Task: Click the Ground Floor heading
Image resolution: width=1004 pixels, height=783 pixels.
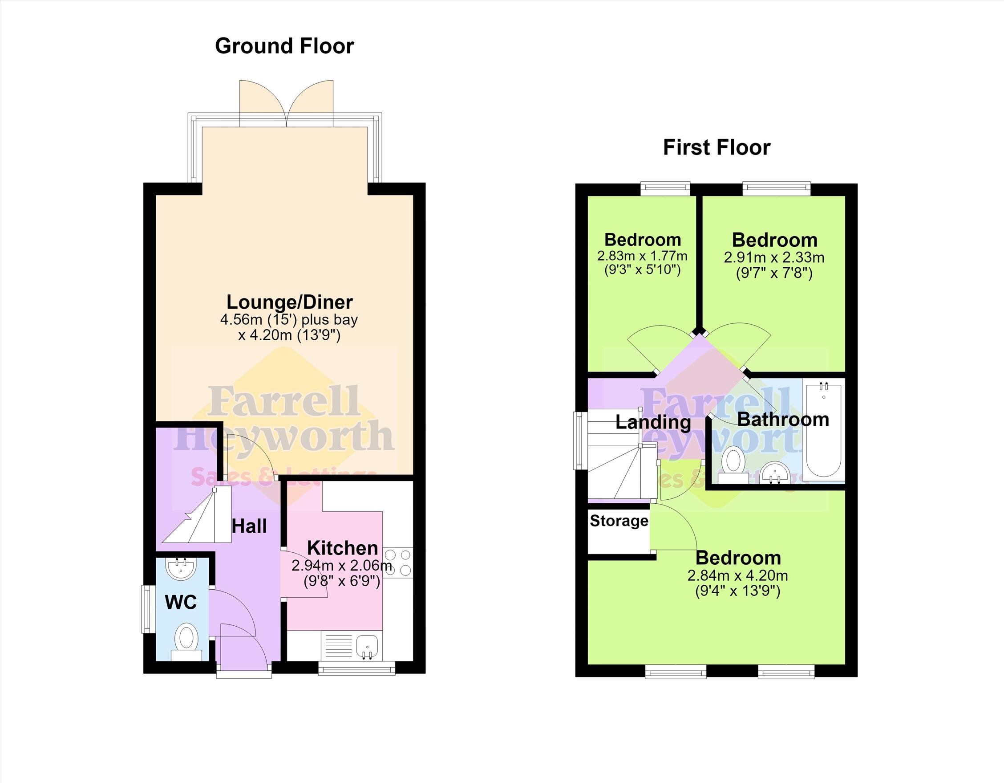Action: coord(284,46)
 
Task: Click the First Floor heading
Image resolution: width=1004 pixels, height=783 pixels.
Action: coord(717,148)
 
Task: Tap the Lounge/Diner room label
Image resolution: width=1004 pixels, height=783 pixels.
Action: coord(290,302)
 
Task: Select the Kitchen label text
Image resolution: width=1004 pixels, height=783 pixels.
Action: coord(343,548)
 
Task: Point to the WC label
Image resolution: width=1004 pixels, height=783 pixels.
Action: coord(181,602)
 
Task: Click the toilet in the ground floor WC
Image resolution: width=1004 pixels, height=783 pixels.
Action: coord(186,642)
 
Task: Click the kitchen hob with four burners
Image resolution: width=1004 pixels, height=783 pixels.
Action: coord(398,562)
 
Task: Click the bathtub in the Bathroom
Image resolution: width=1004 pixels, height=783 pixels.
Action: coord(824,430)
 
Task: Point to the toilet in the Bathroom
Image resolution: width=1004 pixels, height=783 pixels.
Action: coord(733,465)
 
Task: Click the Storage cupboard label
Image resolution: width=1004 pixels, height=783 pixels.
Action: coord(619,521)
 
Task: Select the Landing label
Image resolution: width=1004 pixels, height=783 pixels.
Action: coord(653,422)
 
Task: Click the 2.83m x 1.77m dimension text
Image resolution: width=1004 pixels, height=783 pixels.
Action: coord(642,256)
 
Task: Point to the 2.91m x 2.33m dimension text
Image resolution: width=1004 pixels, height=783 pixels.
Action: coord(774,257)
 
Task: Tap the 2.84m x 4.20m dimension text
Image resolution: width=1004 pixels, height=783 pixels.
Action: coord(738,575)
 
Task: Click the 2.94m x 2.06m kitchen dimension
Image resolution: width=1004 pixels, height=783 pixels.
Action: coord(342,565)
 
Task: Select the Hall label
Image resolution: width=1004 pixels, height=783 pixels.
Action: coord(249,526)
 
